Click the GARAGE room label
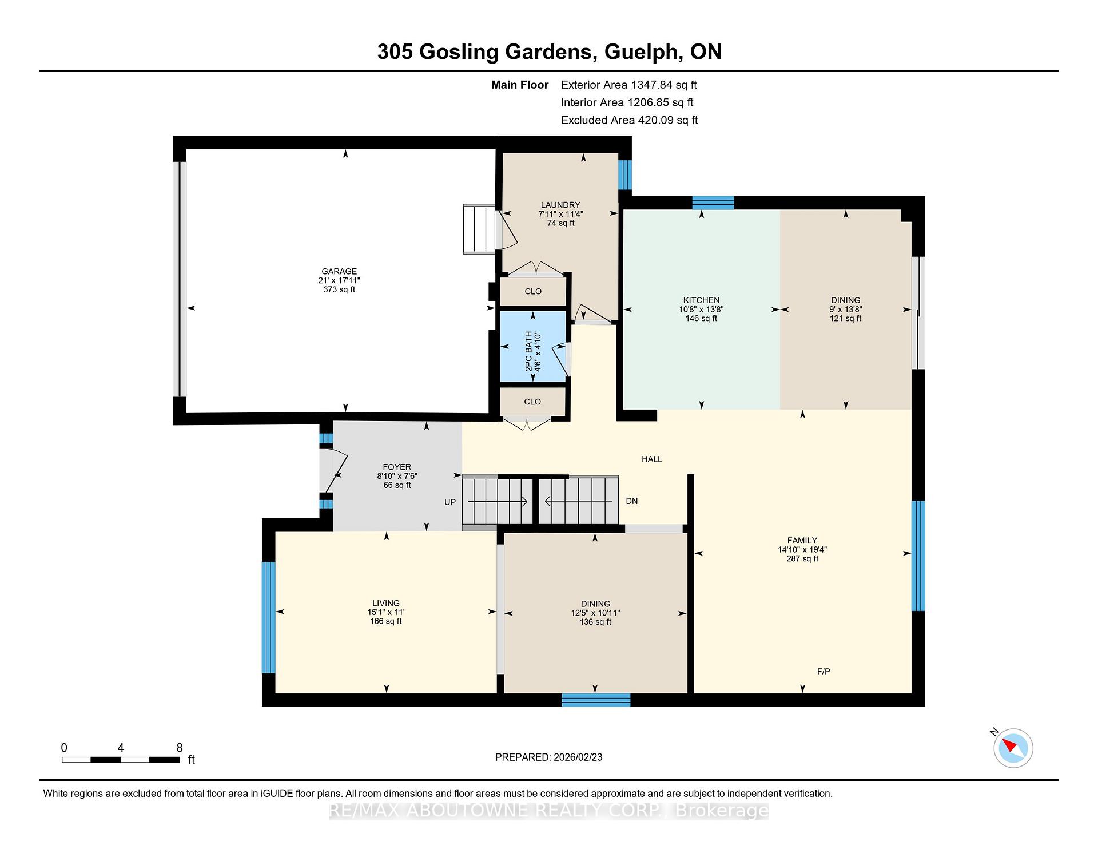(x=339, y=271)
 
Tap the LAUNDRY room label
(x=560, y=205)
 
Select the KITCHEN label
(x=701, y=300)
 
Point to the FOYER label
(x=397, y=467)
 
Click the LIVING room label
(x=386, y=603)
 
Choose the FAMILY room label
(x=802, y=540)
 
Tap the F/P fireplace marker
(x=823, y=671)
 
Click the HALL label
(x=652, y=459)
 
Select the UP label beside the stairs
(x=450, y=502)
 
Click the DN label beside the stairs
(x=631, y=501)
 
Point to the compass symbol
(x=1013, y=748)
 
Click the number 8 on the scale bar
(x=180, y=748)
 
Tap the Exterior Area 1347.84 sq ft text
(x=629, y=85)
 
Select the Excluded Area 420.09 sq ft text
(x=630, y=120)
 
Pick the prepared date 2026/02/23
(x=578, y=757)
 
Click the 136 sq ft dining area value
(x=595, y=622)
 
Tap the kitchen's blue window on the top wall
(x=713, y=203)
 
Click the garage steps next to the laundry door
(x=479, y=229)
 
